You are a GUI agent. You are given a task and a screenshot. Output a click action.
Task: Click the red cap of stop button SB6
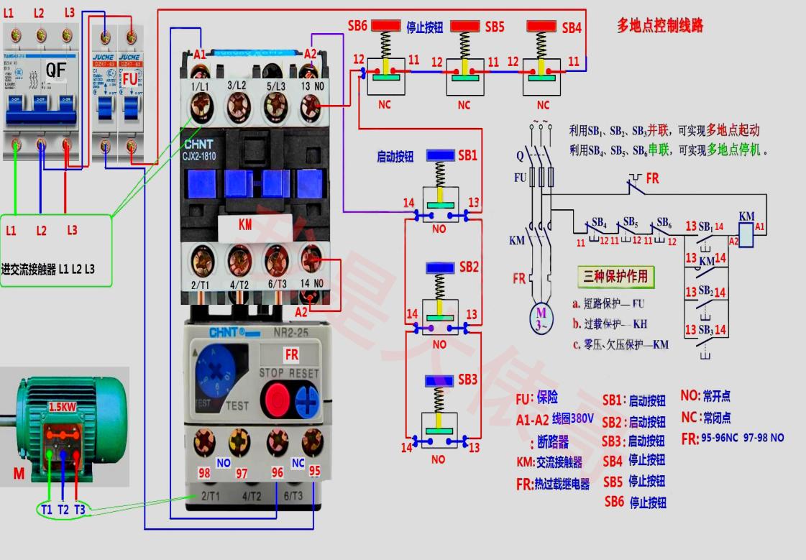[x=385, y=26]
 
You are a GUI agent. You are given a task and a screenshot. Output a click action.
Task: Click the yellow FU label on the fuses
[x=130, y=77]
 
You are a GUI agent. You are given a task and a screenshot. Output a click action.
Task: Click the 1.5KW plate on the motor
[x=63, y=407]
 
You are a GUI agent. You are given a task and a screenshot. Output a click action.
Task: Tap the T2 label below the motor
[x=64, y=509]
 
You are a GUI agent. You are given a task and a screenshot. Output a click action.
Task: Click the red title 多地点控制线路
[x=660, y=26]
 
